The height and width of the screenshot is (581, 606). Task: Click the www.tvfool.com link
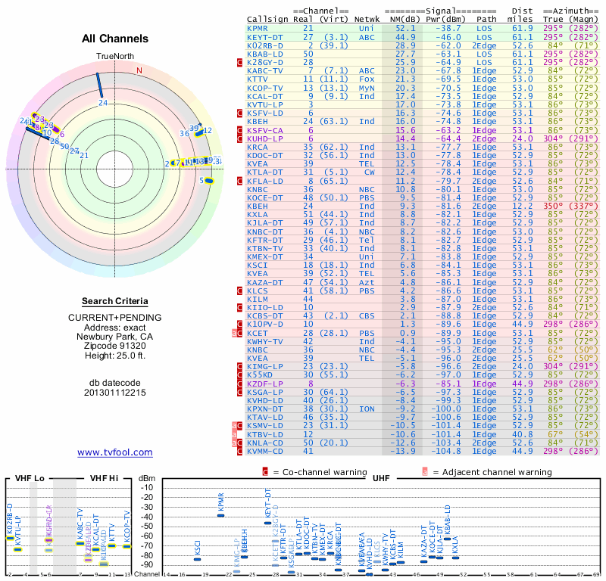(115, 452)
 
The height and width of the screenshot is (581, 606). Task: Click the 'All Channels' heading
(115, 39)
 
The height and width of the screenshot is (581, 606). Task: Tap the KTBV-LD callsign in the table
(264, 434)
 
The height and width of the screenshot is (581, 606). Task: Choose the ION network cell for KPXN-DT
(366, 409)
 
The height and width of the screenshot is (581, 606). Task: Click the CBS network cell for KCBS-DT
(367, 315)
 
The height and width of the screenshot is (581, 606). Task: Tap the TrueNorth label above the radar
(114, 57)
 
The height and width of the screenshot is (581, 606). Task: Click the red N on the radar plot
(139, 70)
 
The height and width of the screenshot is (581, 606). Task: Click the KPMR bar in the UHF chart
(221, 514)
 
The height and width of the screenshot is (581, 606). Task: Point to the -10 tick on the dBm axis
(146, 487)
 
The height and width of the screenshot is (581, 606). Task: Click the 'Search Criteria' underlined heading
(115, 301)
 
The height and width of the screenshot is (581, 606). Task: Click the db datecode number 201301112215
(115, 393)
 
